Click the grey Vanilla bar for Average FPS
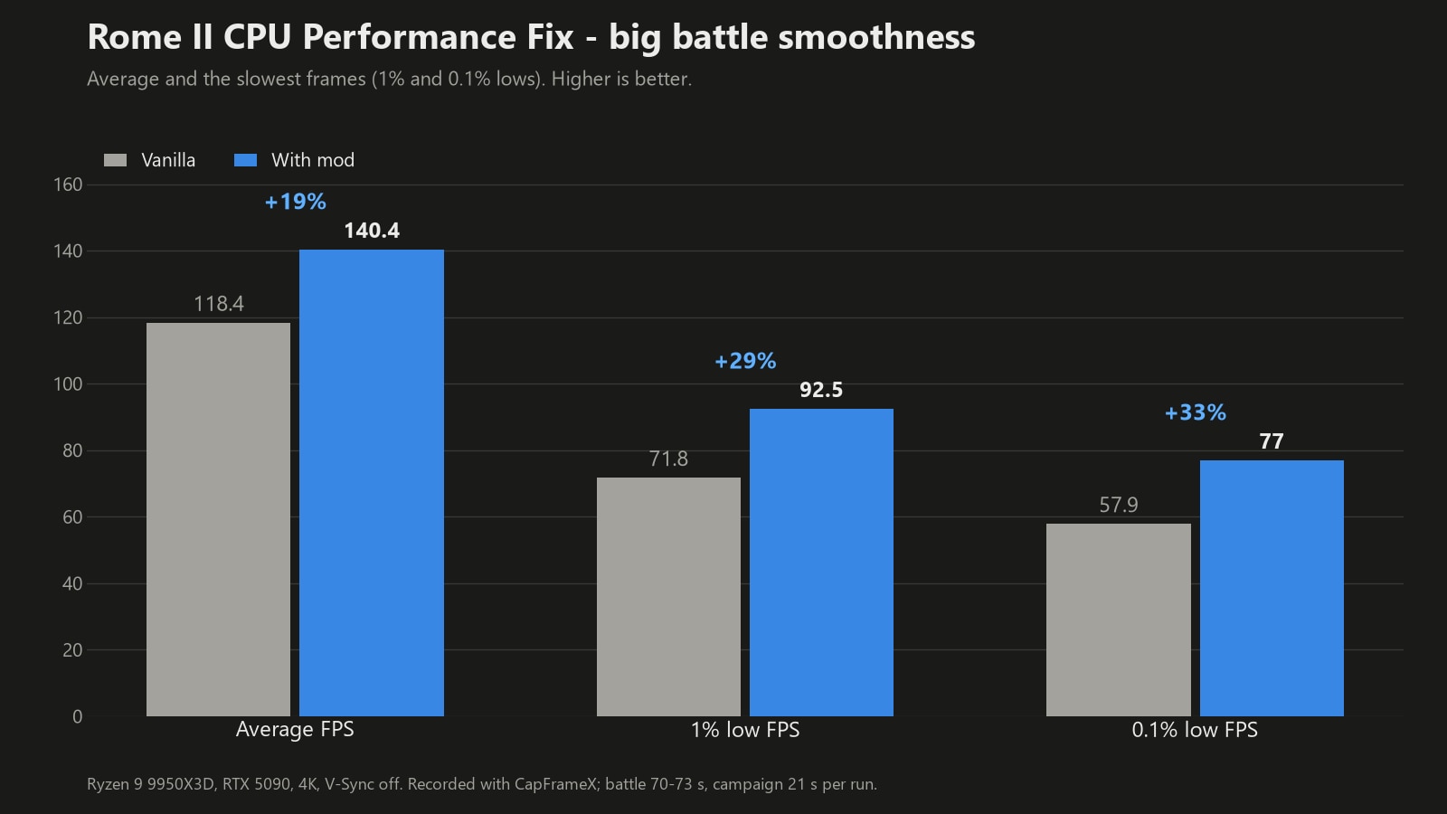point(218,519)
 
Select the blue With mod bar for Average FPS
point(372,483)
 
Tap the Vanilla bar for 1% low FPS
point(668,597)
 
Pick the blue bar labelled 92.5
point(822,563)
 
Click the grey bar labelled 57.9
point(1118,620)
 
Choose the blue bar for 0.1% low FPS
point(1272,589)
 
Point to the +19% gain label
point(295,202)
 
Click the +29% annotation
point(745,361)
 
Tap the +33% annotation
point(1195,412)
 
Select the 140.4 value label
point(372,231)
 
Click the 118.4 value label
point(219,304)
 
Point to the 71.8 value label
point(668,459)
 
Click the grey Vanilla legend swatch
point(116,160)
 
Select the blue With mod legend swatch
point(245,160)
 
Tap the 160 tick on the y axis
point(68,185)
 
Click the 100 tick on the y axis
point(68,384)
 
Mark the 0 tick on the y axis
point(78,716)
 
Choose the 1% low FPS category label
point(745,730)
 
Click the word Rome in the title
point(135,37)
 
